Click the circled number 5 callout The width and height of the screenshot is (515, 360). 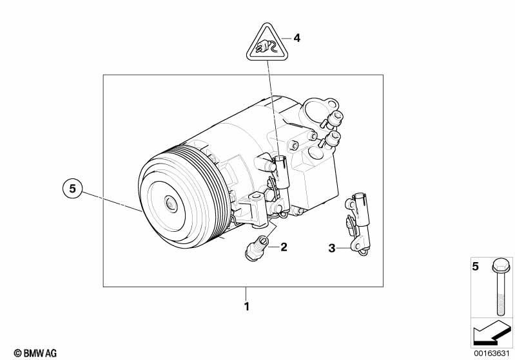[73, 189]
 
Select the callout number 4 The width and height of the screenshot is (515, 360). [296, 38]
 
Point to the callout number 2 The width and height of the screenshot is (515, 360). [283, 247]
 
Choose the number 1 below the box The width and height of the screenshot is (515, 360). [246, 306]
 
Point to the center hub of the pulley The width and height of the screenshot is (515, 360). [171, 205]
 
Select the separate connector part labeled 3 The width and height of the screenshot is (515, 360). [357, 222]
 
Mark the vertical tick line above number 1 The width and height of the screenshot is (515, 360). [246, 292]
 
